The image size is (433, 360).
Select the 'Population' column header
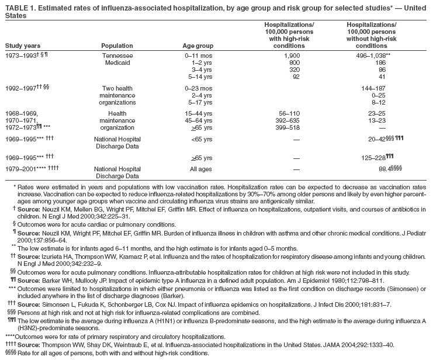pos(117,45)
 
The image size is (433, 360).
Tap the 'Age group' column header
pos(198,45)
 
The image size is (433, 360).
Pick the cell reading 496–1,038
pos(368,55)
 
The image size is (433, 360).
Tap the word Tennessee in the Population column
pos(117,55)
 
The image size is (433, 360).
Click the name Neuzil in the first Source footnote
pos(51,209)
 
